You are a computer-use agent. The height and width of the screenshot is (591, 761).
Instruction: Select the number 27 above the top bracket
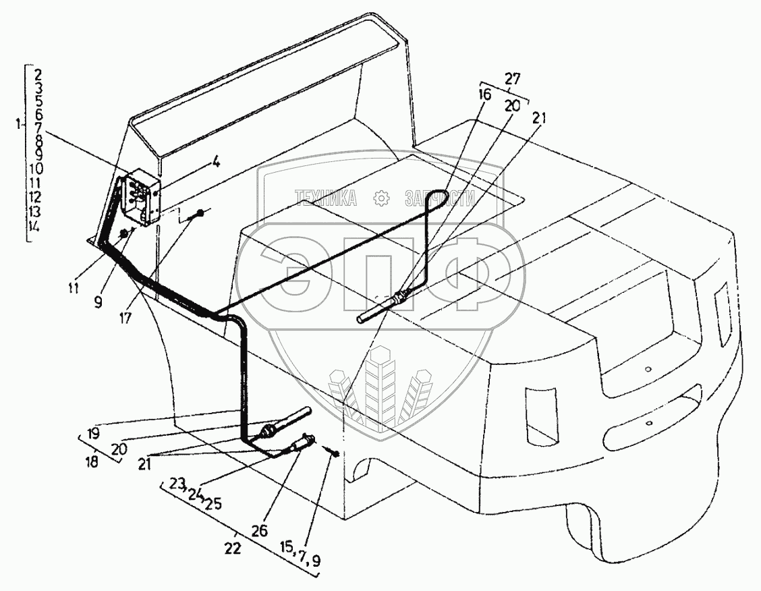[x=513, y=79]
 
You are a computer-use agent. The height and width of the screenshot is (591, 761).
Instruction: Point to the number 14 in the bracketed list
[x=34, y=227]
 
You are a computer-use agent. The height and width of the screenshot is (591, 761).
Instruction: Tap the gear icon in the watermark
[x=381, y=198]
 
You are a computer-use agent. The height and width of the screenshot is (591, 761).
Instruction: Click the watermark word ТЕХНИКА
[x=327, y=198]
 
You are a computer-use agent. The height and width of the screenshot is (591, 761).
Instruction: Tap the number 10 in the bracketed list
[x=36, y=168]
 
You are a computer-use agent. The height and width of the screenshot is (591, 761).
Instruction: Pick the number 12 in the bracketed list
[x=36, y=197]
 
